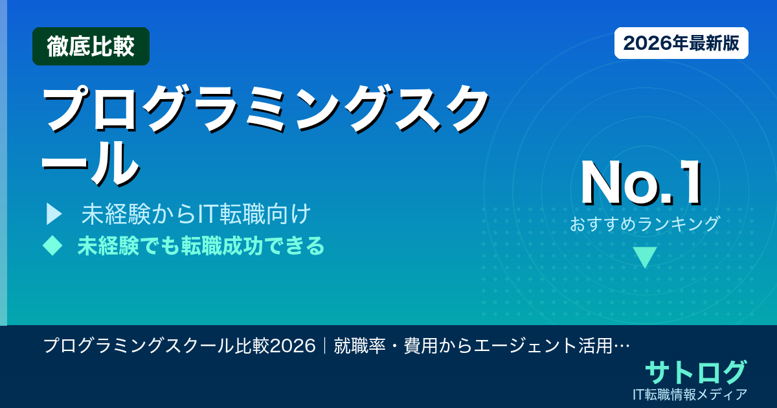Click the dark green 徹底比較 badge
point(91,46)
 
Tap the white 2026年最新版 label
point(681,43)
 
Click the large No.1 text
point(642,185)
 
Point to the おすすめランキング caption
point(645,224)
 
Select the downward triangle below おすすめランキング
point(645,257)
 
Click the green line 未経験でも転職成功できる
point(201,246)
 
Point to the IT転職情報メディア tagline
point(692,394)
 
